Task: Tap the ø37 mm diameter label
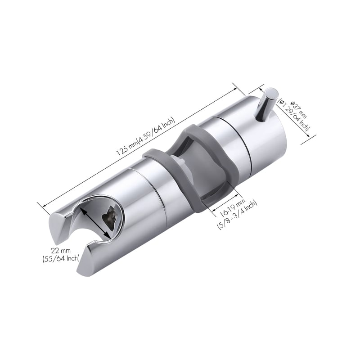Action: [x=298, y=109]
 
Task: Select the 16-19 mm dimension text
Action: [x=232, y=207]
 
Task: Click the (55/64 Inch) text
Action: [x=61, y=258]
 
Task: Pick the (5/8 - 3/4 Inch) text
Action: [x=237, y=215]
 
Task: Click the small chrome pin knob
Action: [x=267, y=104]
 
